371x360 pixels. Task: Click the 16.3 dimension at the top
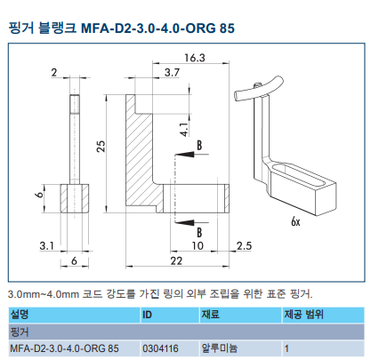pyautogui.click(x=195, y=58)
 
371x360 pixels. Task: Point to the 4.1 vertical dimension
pyautogui.click(x=184, y=128)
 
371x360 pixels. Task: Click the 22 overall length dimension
pyautogui.click(x=178, y=260)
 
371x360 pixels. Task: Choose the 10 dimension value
pyautogui.click(x=198, y=244)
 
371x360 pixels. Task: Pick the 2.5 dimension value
pyautogui.click(x=242, y=244)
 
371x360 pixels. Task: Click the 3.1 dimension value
pyautogui.click(x=48, y=244)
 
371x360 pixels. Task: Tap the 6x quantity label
pyautogui.click(x=295, y=222)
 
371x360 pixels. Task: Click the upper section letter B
pyautogui.click(x=199, y=144)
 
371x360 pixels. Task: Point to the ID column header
pyautogui.click(x=149, y=314)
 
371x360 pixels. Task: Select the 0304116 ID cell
pyautogui.click(x=161, y=348)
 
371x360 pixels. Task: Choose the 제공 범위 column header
pyautogui.click(x=304, y=314)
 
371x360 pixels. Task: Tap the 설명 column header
pyautogui.click(x=20, y=314)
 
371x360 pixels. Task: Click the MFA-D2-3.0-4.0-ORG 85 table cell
pyautogui.click(x=64, y=348)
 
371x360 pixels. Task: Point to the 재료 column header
pyautogui.click(x=211, y=314)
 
